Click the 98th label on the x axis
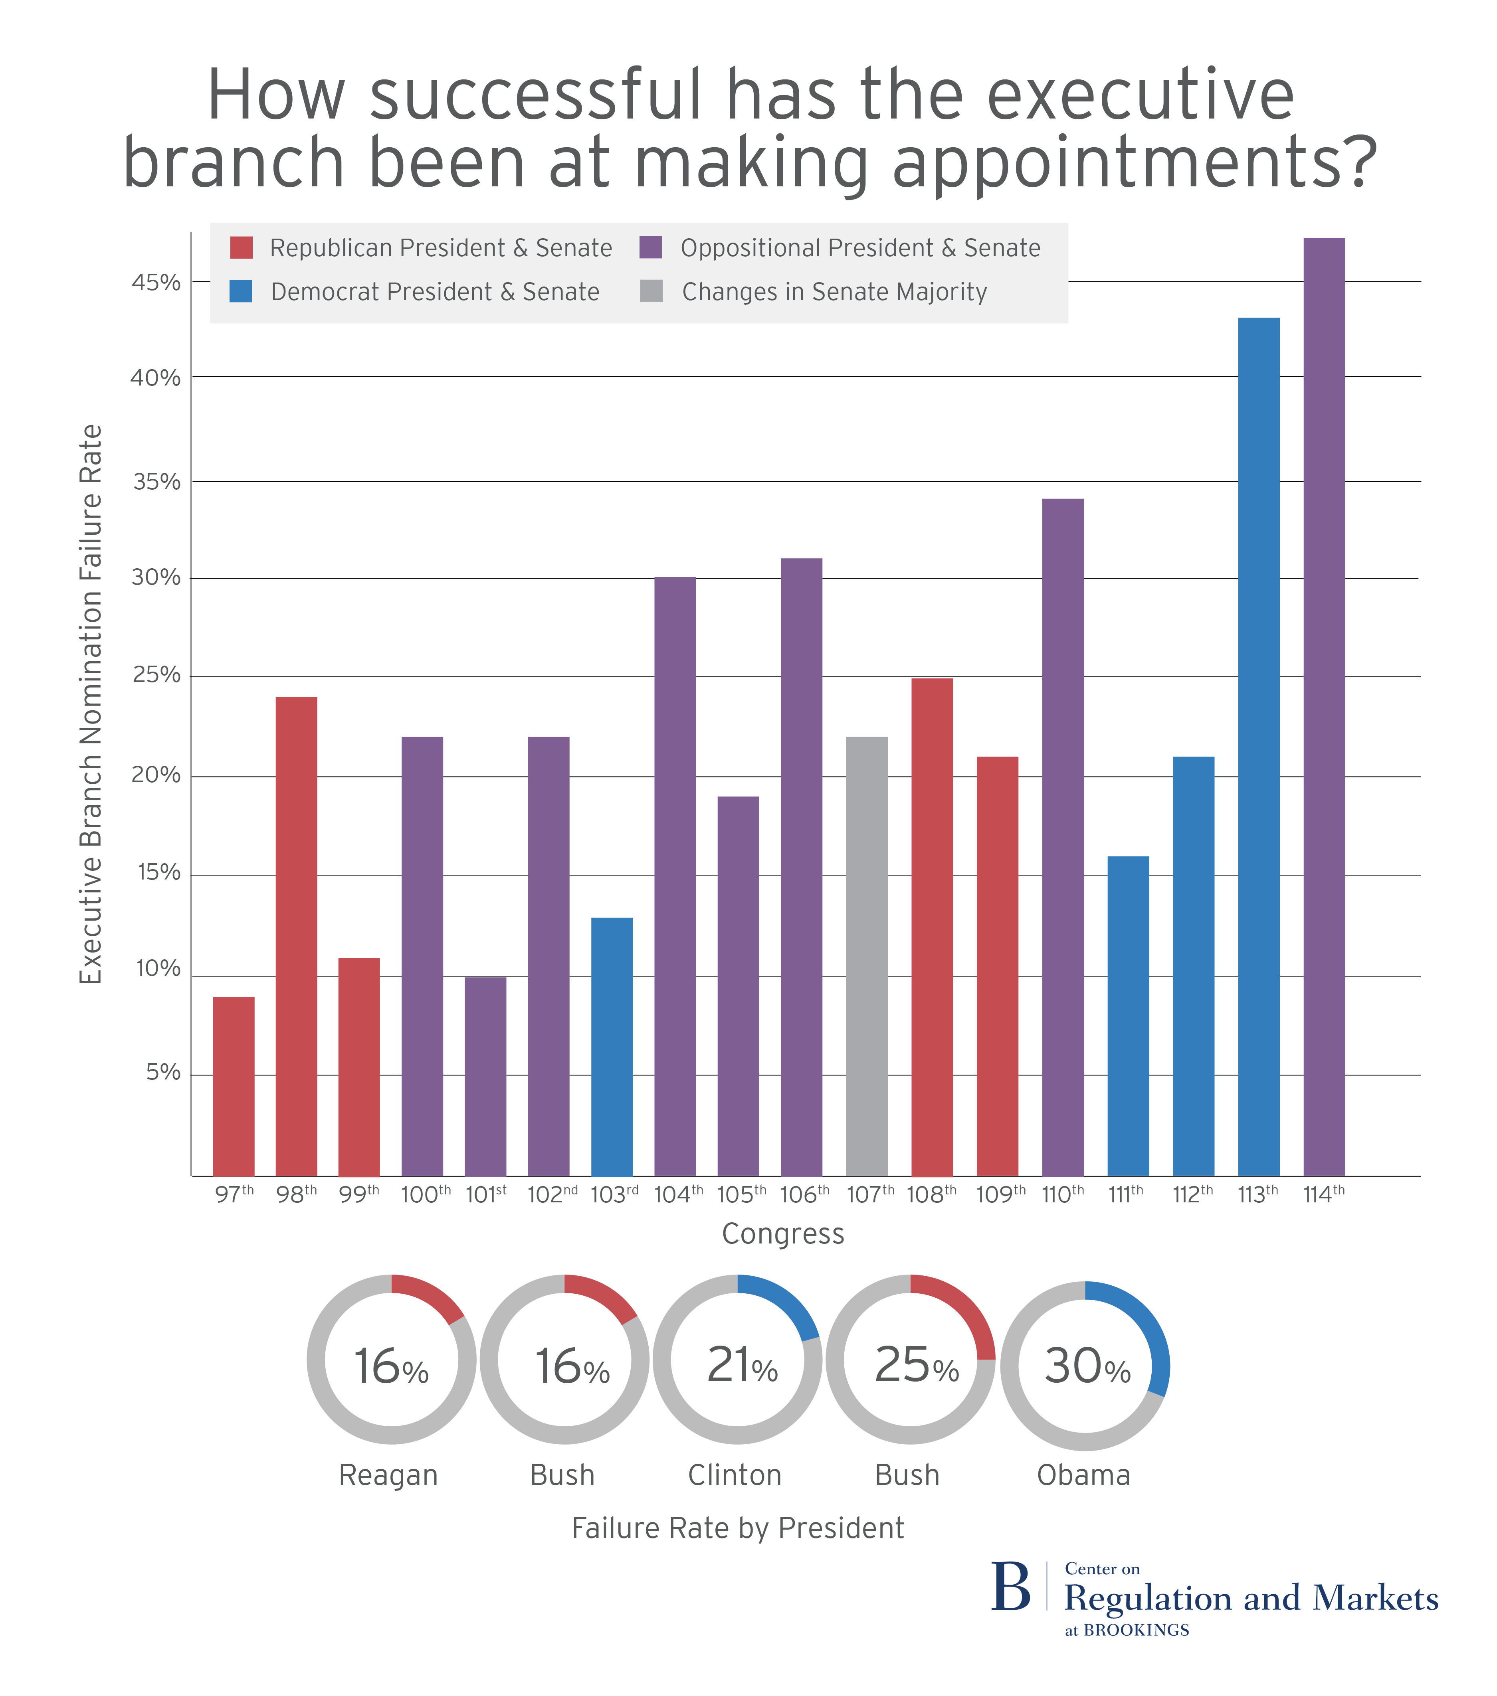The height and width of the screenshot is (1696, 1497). [x=296, y=1195]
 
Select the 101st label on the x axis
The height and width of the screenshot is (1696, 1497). [x=485, y=1195]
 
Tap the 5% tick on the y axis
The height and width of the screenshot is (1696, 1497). [x=162, y=1073]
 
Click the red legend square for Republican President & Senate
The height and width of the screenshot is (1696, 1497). [x=242, y=247]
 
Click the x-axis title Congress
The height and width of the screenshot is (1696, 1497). [x=782, y=1234]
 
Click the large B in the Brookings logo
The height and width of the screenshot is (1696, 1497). [x=1011, y=1587]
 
